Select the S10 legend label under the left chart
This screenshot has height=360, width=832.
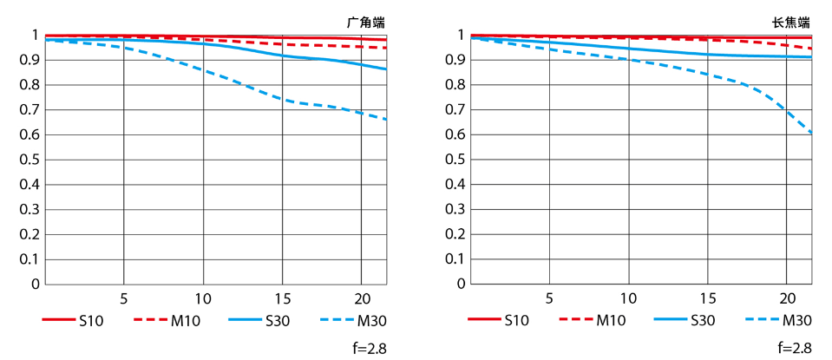(x=90, y=320)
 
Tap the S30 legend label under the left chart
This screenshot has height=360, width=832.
(x=276, y=320)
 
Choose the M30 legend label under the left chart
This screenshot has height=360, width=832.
(x=371, y=320)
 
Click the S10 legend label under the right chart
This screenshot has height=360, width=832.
(x=516, y=320)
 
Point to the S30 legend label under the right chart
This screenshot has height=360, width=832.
(x=702, y=320)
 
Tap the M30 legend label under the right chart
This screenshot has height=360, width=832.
(x=796, y=320)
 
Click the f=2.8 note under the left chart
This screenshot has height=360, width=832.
(x=368, y=349)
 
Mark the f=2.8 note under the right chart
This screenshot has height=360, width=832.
(x=794, y=349)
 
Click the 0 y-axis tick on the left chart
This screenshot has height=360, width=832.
(x=36, y=284)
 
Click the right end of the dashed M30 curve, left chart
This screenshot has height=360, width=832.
(x=386, y=120)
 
